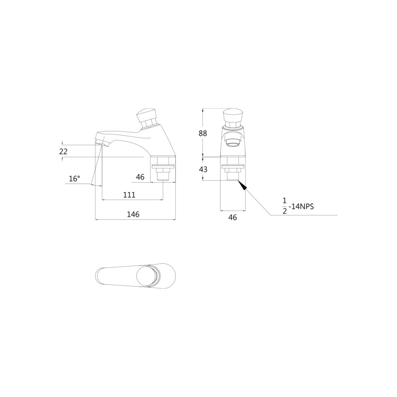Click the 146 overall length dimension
click(x=133, y=214)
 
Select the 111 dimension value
click(x=129, y=195)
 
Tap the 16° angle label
click(x=74, y=179)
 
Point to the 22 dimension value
click(x=63, y=152)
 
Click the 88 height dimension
click(x=203, y=133)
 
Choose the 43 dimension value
click(x=203, y=169)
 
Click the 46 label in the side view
click(x=140, y=177)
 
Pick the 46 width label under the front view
click(x=233, y=217)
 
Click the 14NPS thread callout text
click(x=303, y=207)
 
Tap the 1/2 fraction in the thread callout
click(x=285, y=206)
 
